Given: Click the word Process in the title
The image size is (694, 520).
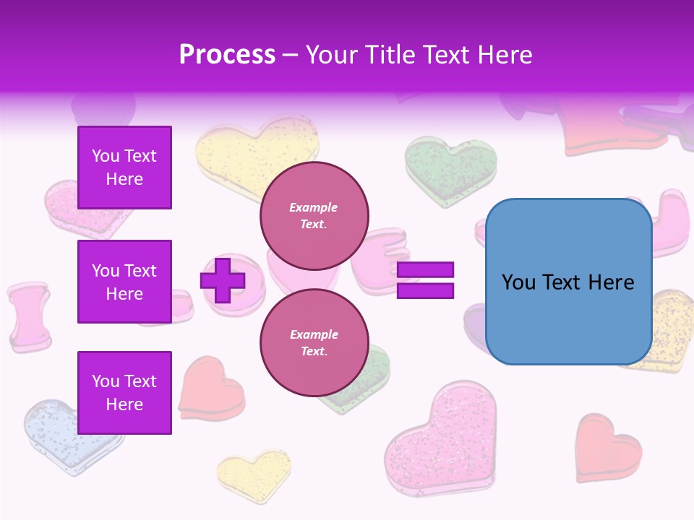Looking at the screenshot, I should tap(227, 55).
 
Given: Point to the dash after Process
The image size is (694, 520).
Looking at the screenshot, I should tap(291, 56).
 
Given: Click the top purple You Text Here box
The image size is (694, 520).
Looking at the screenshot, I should tap(124, 168).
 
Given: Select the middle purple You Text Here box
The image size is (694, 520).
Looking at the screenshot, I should tap(124, 282).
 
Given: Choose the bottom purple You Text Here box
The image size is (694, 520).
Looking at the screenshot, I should tap(124, 392).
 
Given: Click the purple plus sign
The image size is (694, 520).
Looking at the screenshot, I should tap(222, 280).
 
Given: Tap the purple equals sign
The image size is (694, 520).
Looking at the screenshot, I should tap(425, 280).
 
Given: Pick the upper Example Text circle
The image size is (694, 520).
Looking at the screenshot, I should tap(314, 216).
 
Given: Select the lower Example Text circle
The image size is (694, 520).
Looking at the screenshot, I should tap(314, 343).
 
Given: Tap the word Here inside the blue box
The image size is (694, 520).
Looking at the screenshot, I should tap(612, 282).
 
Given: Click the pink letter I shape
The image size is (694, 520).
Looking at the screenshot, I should tap(30, 316).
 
